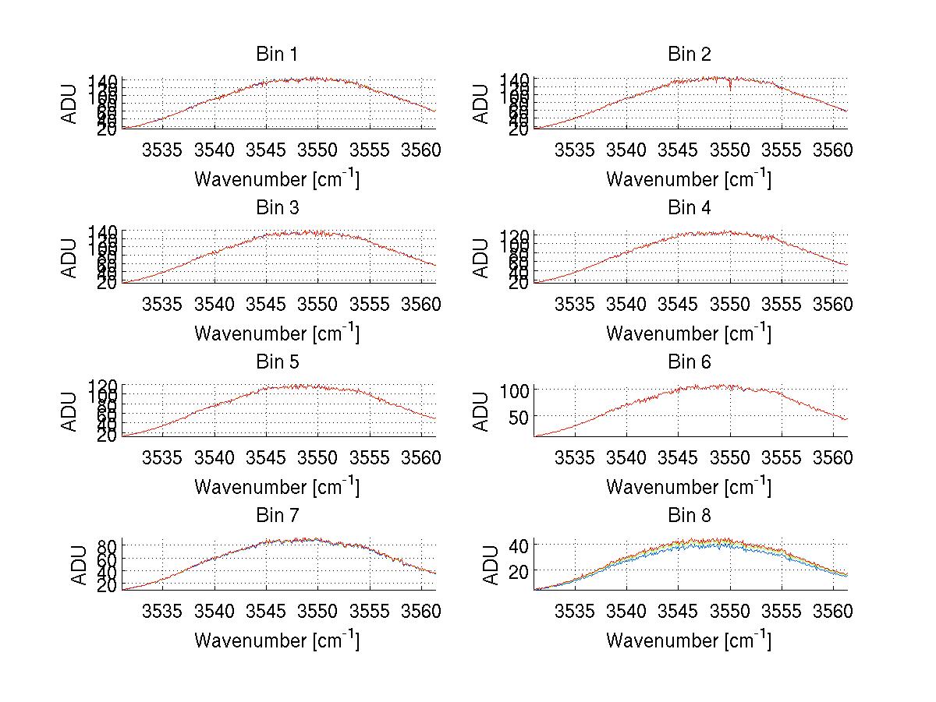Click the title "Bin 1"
pyautogui.click(x=276, y=55)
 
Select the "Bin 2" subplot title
pyautogui.click(x=689, y=55)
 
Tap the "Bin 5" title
pyautogui.click(x=276, y=362)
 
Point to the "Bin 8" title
pyautogui.click(x=689, y=516)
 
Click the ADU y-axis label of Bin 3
pyautogui.click(x=71, y=258)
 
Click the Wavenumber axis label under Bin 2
pyautogui.click(x=689, y=179)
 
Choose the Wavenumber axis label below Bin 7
pyautogui.click(x=276, y=640)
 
